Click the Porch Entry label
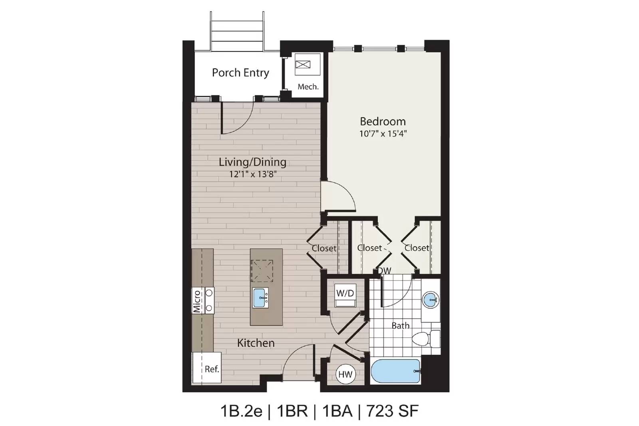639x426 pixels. pyautogui.click(x=240, y=73)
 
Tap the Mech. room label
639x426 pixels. pyautogui.click(x=308, y=87)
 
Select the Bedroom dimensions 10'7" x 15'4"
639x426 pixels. pyautogui.click(x=383, y=133)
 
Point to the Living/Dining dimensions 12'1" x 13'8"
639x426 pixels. pyautogui.click(x=253, y=174)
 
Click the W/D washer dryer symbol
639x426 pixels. pyautogui.click(x=345, y=295)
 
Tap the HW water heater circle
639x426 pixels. pyautogui.click(x=345, y=374)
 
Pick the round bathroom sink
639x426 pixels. pyautogui.click(x=431, y=300)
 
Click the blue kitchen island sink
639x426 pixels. pyautogui.click(x=260, y=298)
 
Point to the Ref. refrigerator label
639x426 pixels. pyautogui.click(x=212, y=369)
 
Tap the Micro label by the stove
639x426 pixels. pyautogui.click(x=197, y=301)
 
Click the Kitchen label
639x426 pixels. pyautogui.click(x=256, y=343)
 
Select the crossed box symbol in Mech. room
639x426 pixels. pyautogui.click(x=303, y=64)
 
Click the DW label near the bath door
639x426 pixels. pyautogui.click(x=385, y=270)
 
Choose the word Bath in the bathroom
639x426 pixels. pyautogui.click(x=401, y=326)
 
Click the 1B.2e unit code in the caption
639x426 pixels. pyautogui.click(x=241, y=411)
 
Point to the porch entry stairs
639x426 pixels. pyautogui.click(x=237, y=32)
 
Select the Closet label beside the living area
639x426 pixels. pyautogui.click(x=324, y=248)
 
